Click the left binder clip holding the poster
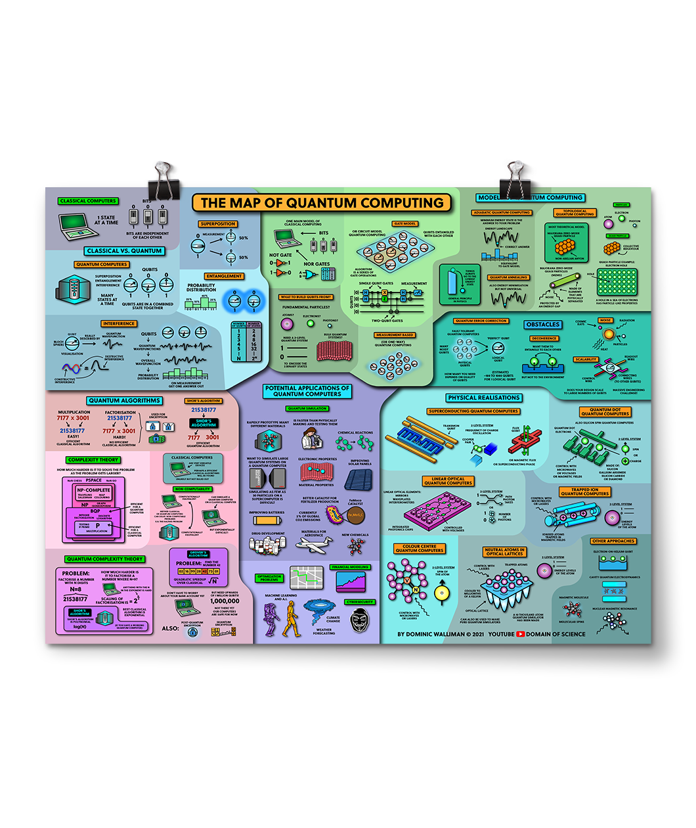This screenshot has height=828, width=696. (163, 179)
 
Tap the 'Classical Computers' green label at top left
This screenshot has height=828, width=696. (87, 201)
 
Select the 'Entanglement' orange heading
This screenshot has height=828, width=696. (224, 276)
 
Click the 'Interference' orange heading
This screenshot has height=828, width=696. (118, 323)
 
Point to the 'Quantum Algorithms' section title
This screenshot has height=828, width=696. (124, 400)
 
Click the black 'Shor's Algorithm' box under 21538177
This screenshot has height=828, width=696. (204, 423)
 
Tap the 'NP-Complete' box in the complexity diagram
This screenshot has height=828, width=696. (94, 490)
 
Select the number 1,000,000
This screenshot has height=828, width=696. (225, 601)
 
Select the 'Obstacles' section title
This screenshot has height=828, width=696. (543, 325)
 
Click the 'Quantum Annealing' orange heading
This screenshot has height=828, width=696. (508, 277)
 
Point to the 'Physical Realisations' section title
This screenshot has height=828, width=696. (484, 398)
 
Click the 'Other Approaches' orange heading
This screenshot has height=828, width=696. (613, 541)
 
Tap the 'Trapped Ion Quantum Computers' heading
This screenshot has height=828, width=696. (584, 492)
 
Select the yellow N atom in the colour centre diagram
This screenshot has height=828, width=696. (416, 589)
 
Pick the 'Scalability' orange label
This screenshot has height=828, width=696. (586, 359)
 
